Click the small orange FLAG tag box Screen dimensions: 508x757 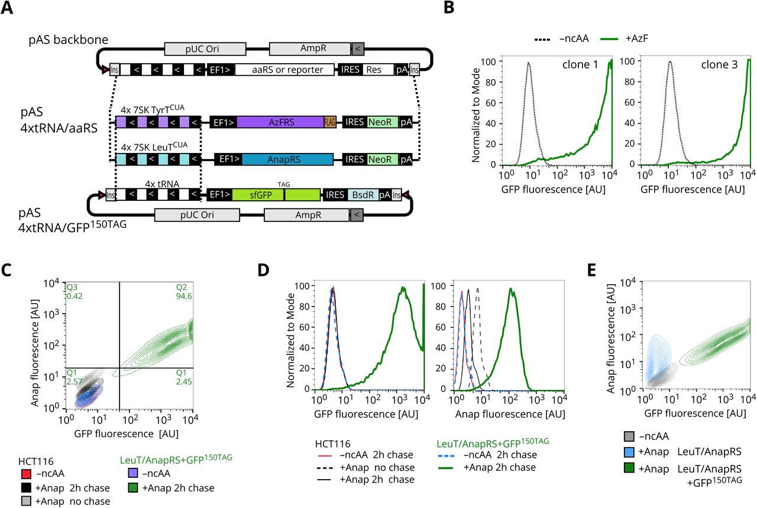tap(329, 122)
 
